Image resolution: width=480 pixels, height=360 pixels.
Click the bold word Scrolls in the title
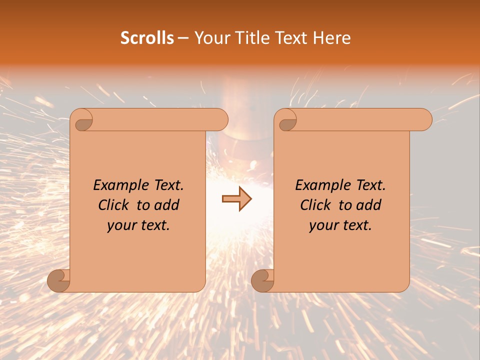[x=147, y=38]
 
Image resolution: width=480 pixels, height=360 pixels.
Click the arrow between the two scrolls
[x=236, y=199]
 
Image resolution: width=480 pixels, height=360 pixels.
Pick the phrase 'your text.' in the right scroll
[x=340, y=225]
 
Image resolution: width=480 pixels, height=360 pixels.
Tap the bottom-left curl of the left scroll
[x=59, y=280]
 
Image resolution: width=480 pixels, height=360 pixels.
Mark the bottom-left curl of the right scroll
[x=262, y=280]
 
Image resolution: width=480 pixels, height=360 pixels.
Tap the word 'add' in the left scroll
[x=167, y=205]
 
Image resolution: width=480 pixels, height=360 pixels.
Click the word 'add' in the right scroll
[x=369, y=205]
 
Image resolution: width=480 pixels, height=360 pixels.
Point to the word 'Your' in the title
[x=209, y=38]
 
